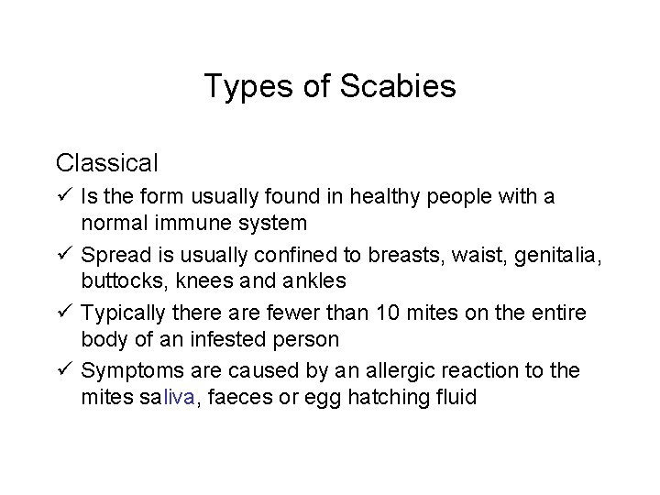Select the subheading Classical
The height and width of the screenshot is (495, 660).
click(107, 163)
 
